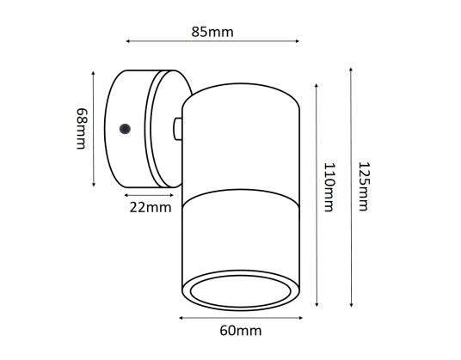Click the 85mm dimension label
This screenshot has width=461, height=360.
coord(212,33)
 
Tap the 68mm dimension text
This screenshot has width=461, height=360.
coord(81,128)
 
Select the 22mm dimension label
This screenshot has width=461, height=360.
coord(149,207)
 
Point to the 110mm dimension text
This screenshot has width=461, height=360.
coord(328,191)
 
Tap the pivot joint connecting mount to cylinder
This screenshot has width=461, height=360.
coord(177,128)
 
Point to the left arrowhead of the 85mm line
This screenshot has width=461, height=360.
coord(128,40)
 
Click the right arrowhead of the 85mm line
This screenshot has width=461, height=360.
coord(297,40)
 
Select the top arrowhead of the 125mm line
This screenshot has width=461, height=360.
coord(352,69)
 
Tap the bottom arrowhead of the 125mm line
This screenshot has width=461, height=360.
coord(352,306)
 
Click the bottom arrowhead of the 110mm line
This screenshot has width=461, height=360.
coord(319,305)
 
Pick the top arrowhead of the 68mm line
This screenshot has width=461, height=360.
coord(93,72)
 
